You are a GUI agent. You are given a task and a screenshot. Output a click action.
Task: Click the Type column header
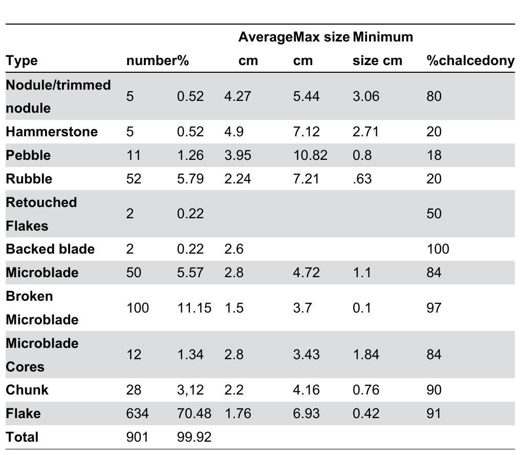point(21,60)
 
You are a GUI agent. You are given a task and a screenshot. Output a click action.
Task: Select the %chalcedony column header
point(470,60)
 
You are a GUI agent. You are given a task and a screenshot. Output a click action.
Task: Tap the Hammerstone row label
point(51,132)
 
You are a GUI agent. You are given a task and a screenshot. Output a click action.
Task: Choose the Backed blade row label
point(50,249)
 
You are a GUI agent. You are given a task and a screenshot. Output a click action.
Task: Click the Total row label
point(22,437)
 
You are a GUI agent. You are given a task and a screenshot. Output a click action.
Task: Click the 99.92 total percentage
point(194,437)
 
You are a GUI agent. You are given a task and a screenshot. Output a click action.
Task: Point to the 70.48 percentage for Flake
point(194,413)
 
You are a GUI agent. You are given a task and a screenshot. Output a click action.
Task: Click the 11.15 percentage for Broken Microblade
point(194,308)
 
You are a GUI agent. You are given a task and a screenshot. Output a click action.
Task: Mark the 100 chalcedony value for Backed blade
point(438,249)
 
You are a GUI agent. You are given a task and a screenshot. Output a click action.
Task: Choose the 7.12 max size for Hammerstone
point(306,132)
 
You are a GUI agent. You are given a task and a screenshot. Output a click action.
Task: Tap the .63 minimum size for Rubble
point(361,179)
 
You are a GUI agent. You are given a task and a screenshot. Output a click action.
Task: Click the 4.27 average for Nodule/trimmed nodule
point(237,96)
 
